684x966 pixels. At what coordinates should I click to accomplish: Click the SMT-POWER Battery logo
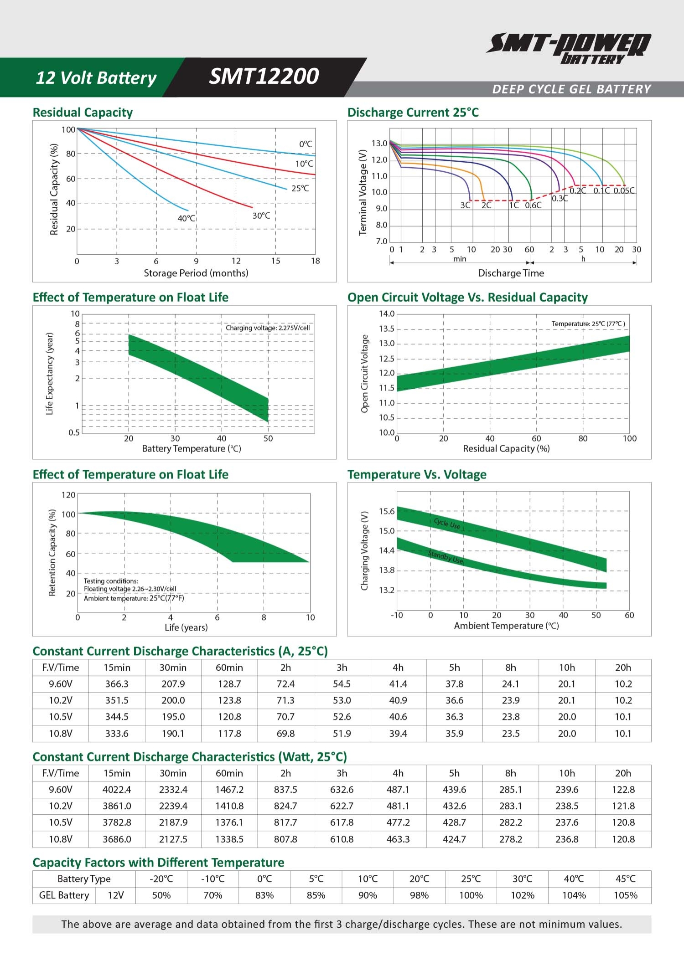click(x=569, y=48)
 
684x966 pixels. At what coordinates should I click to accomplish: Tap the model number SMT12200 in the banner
click(x=264, y=77)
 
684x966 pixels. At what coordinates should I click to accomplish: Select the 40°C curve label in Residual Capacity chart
click(x=186, y=218)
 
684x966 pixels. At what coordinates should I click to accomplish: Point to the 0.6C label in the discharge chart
click(x=533, y=206)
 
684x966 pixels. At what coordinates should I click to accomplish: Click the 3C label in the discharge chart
click(x=465, y=206)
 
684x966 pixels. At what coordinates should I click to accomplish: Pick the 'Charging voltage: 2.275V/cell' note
click(x=268, y=328)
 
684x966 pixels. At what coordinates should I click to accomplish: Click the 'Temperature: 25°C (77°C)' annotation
click(x=588, y=324)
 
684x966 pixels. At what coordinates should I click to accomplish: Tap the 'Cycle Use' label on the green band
click(x=447, y=524)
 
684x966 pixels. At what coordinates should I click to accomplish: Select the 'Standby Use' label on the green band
click(x=446, y=557)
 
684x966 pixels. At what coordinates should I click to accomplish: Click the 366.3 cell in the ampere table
click(x=117, y=683)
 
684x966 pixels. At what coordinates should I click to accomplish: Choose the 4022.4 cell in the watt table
click(x=117, y=789)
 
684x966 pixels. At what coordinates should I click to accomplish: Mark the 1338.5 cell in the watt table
click(x=229, y=839)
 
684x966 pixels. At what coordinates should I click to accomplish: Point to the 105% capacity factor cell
click(x=625, y=895)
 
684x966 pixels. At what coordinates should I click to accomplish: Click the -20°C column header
click(x=161, y=879)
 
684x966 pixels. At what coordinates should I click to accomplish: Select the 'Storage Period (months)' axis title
click(x=196, y=273)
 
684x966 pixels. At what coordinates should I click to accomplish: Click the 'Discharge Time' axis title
click(x=511, y=273)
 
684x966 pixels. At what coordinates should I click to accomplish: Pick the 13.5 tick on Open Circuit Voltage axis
click(x=387, y=329)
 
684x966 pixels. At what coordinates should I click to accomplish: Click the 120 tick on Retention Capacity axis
click(x=68, y=495)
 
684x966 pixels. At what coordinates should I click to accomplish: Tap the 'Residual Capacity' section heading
click(x=83, y=113)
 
